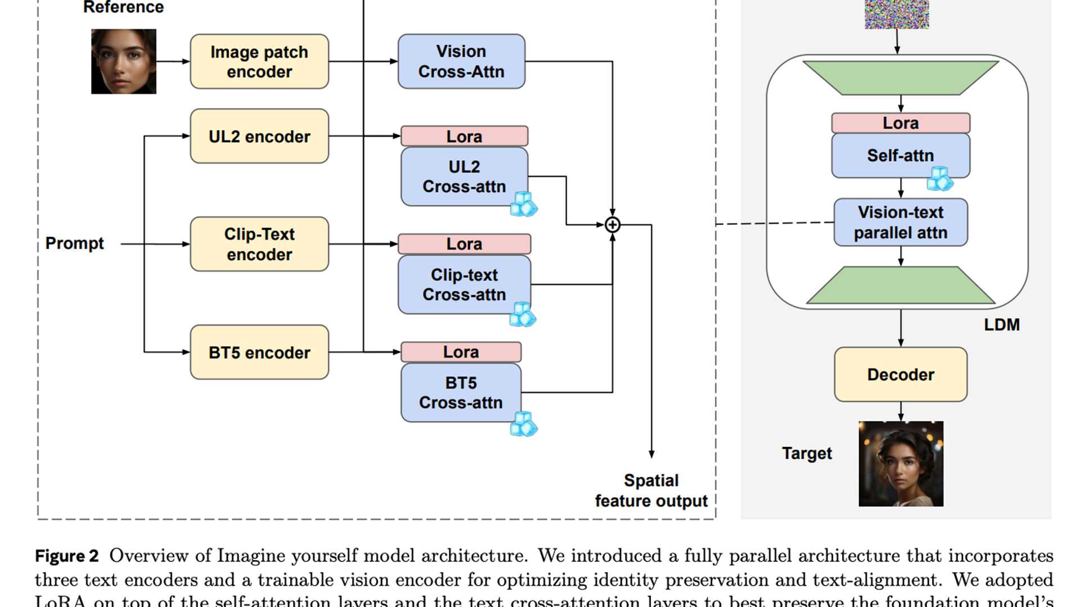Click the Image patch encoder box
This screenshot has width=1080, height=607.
[x=259, y=62]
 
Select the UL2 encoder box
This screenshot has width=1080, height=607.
[x=259, y=136]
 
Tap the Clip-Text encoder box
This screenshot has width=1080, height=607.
[x=259, y=244]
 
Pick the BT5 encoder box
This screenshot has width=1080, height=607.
[x=259, y=352]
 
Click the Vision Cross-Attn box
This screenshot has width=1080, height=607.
[x=461, y=62]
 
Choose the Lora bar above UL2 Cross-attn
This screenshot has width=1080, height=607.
[x=464, y=136]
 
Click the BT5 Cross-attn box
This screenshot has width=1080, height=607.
[x=461, y=392]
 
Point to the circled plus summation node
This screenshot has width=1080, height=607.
[x=613, y=225]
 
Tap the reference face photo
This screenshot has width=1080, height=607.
[x=124, y=61]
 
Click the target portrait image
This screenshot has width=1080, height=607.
[x=901, y=464]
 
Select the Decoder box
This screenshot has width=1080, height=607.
[x=901, y=374]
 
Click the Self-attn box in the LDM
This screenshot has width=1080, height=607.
[x=900, y=156]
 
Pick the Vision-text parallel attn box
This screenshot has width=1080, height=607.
[x=901, y=223]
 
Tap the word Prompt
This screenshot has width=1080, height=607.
[x=74, y=243]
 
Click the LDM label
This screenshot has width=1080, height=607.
[x=1001, y=325]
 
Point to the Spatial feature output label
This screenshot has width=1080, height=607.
[x=651, y=491]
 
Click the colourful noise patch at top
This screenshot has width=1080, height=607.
[x=897, y=14]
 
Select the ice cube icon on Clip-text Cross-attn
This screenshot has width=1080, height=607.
[x=523, y=315]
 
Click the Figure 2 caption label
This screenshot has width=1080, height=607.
[x=66, y=556]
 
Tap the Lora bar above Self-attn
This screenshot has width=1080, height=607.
[x=901, y=123]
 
